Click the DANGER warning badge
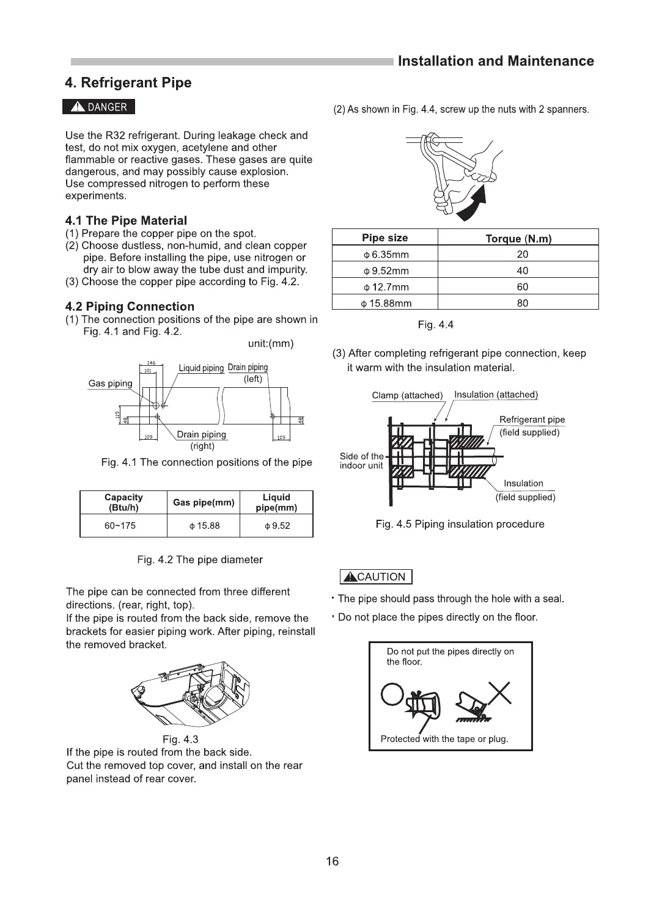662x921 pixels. (98, 107)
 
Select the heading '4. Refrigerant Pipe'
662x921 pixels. (128, 83)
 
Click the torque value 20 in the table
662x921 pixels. (522, 255)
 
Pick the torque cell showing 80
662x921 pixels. (522, 303)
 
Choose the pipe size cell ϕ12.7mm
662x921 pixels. (385, 287)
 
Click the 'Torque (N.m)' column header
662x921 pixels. (518, 239)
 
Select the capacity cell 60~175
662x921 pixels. (120, 526)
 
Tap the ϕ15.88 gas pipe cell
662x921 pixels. (204, 526)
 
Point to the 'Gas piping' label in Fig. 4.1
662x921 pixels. (110, 384)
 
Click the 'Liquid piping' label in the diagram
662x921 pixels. (201, 368)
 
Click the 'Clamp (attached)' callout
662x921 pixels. (407, 395)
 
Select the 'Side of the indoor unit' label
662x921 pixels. (361, 461)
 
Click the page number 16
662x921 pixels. (332, 862)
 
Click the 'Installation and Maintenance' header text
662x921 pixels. (496, 61)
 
